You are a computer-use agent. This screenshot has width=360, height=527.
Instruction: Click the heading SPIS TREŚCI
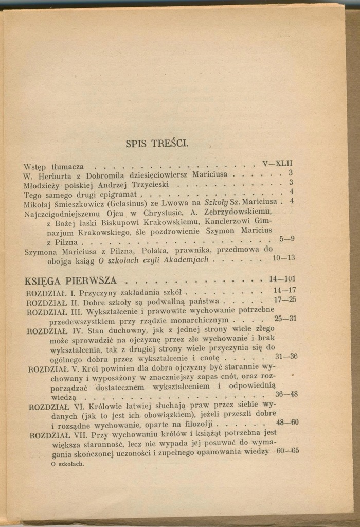[157, 144]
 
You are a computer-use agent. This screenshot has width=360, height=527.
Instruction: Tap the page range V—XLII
[277, 164]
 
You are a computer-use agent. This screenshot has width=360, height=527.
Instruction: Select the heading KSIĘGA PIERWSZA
[70, 281]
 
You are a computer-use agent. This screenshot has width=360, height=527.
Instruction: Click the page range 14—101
[282, 279]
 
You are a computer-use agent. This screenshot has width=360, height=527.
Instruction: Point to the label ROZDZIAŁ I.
[51, 293]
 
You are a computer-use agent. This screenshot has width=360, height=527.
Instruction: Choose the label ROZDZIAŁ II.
[53, 302]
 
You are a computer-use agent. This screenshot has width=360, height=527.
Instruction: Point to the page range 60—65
[287, 451]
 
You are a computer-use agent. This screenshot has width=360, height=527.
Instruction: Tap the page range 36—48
[286, 394]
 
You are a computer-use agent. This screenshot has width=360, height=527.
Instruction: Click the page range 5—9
[286, 239]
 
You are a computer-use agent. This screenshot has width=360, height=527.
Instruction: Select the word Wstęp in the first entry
[35, 167]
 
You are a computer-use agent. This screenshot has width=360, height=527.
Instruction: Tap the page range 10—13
[283, 258]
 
